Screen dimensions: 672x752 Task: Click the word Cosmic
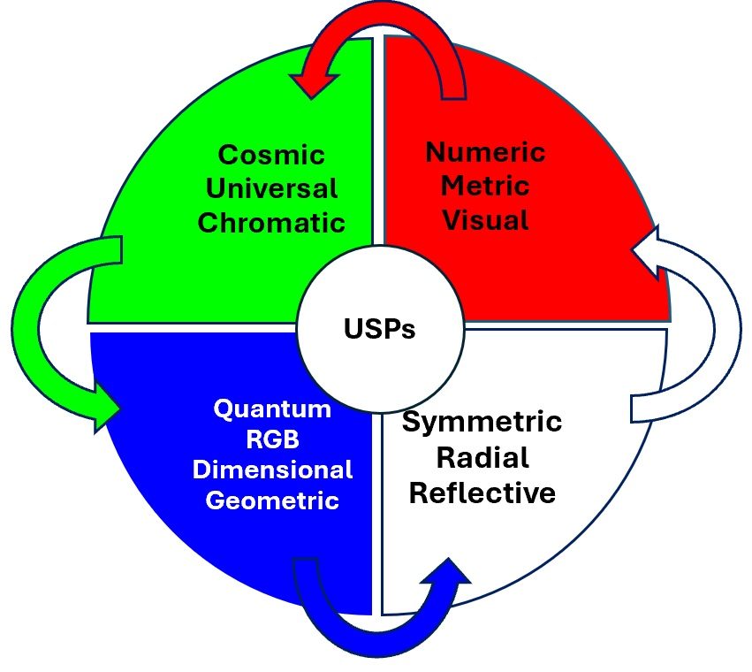271,157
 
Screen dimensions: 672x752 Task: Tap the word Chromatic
271,221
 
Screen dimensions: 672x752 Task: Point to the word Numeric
485,152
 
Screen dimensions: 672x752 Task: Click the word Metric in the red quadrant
485,186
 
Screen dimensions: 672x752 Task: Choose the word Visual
485,218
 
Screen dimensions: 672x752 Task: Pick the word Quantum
273,409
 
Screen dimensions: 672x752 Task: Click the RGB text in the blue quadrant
273,439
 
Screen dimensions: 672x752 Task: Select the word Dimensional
273,470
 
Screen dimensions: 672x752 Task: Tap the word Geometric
273,500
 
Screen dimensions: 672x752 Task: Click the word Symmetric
482,422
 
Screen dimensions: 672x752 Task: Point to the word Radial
482,457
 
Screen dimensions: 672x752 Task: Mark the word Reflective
482,492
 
